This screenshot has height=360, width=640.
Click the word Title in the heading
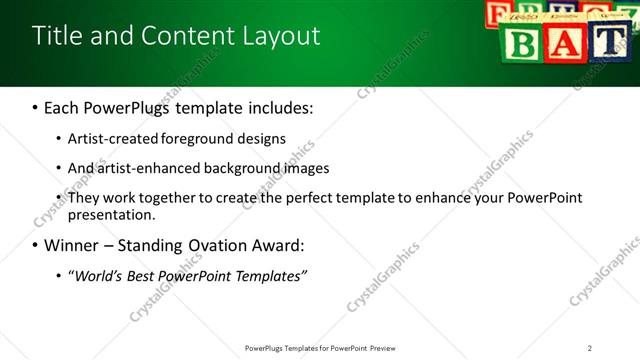tap(57, 36)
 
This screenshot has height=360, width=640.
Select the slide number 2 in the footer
tap(590, 348)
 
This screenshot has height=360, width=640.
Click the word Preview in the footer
tap(388, 348)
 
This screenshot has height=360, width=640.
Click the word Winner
tap(70, 245)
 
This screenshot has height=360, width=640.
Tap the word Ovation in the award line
tap(210, 245)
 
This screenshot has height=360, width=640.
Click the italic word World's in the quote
tap(98, 276)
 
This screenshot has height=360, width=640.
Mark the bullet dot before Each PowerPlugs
tap(36, 107)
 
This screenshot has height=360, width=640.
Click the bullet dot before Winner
tap(36, 245)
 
